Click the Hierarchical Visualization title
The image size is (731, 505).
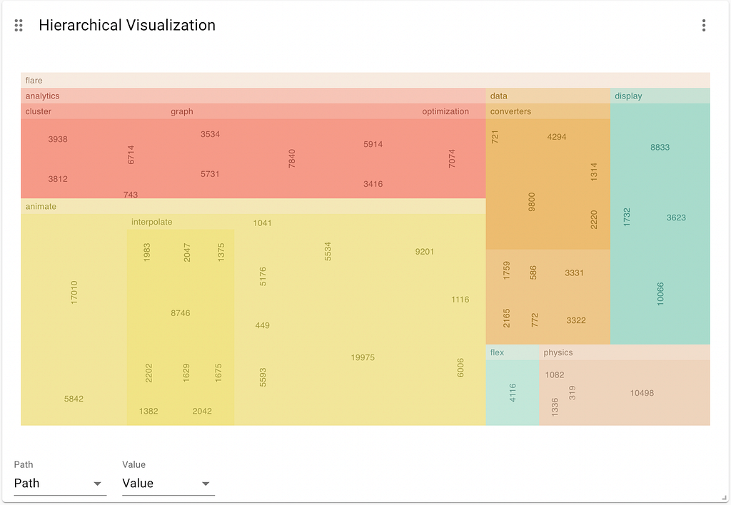[x=127, y=26]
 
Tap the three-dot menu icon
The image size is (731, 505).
[x=704, y=26]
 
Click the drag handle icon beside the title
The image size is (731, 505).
[x=19, y=26]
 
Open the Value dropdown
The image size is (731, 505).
[x=168, y=484]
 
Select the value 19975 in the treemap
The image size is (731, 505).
[x=363, y=357]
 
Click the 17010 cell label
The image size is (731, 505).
[x=74, y=293]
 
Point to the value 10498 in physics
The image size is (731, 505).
[x=642, y=393]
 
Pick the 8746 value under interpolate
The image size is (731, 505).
[x=181, y=313]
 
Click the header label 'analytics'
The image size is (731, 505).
[x=43, y=96]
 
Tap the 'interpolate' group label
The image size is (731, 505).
[x=152, y=222]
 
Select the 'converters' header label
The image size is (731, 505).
[x=510, y=111]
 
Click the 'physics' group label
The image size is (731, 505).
[x=558, y=352]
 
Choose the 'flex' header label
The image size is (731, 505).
[x=497, y=352]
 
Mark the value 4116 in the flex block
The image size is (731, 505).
[x=513, y=393]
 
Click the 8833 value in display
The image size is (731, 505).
[x=660, y=148]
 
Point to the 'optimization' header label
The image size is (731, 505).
[x=445, y=111]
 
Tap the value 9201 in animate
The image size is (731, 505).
[x=424, y=252]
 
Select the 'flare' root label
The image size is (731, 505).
[x=34, y=81]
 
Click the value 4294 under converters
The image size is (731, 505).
[x=557, y=136]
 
